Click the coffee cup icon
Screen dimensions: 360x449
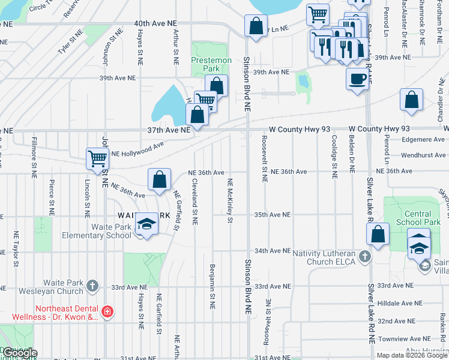coord(357,79)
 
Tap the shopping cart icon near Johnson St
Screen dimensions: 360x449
coord(97,158)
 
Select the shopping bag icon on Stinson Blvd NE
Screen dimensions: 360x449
coord(256,26)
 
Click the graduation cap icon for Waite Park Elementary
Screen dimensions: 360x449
coord(145,224)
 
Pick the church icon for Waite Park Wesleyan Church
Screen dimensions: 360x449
coord(92,286)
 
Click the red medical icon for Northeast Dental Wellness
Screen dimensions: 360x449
coord(107,312)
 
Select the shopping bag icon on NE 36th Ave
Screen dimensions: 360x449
coord(159,179)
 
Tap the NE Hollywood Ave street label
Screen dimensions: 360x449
coord(137,148)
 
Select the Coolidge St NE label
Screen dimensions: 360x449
coord(334,155)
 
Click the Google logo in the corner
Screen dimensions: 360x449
coord(19,353)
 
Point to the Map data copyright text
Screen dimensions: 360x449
coord(412,355)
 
